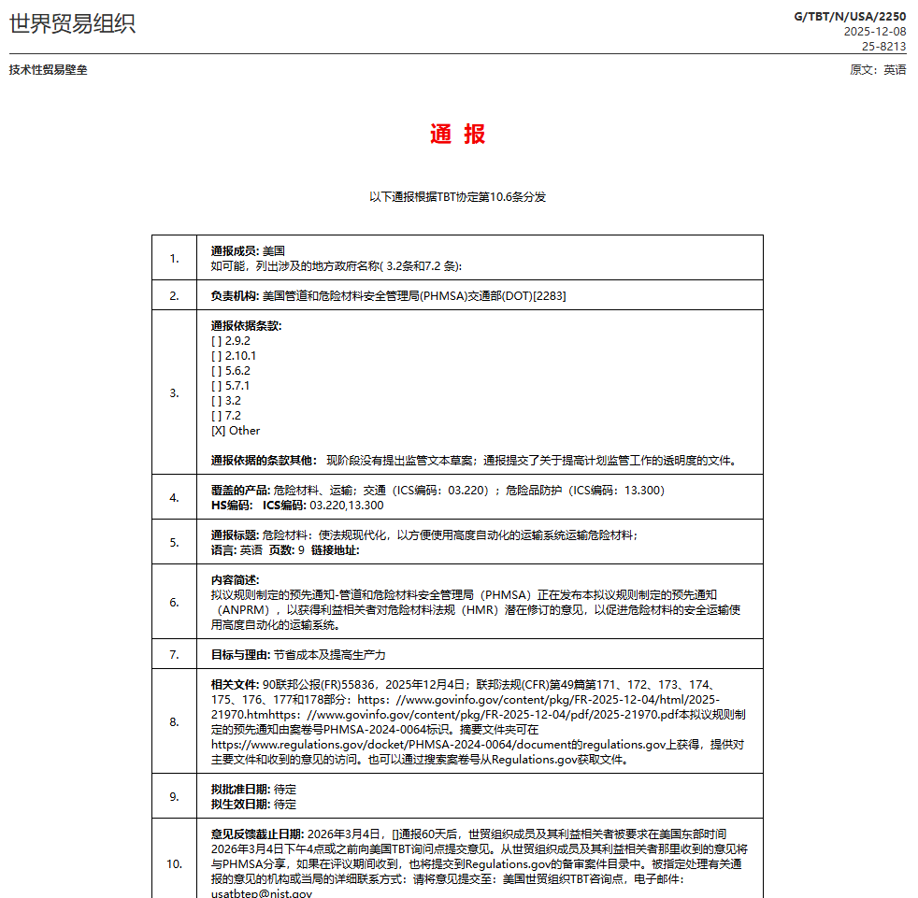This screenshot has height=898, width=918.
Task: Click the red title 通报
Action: (x=457, y=135)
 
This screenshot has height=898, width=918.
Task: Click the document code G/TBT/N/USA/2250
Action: (x=850, y=16)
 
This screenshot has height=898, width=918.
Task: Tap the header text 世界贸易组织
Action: (x=72, y=23)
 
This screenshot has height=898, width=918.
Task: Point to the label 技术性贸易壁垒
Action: (x=49, y=70)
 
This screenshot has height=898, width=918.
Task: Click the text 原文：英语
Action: (x=877, y=70)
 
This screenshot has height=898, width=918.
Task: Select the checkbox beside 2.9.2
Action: (x=217, y=341)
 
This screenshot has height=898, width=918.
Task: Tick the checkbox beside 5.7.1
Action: (x=217, y=386)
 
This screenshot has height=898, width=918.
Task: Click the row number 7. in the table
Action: (x=174, y=655)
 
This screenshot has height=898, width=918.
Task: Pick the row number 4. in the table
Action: (x=174, y=498)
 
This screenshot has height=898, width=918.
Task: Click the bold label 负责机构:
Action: (x=236, y=296)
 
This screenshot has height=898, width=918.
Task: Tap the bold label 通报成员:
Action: (x=236, y=250)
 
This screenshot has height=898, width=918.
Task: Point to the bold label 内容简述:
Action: (x=235, y=580)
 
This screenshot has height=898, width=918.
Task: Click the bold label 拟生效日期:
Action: (x=241, y=805)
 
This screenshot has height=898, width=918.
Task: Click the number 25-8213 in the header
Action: (x=883, y=46)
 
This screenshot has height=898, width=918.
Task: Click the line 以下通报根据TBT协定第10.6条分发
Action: (x=457, y=197)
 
